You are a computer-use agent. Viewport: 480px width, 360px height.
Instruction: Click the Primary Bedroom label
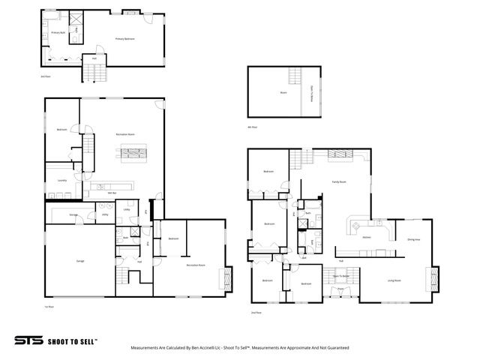(x=124, y=38)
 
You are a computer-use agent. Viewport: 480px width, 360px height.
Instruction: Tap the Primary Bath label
(x=56, y=33)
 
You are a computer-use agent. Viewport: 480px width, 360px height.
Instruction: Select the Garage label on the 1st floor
(x=79, y=261)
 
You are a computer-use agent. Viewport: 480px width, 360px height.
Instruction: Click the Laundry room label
(x=62, y=180)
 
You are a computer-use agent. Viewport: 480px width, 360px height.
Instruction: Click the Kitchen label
(x=367, y=238)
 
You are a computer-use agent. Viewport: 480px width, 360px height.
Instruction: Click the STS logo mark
(x=28, y=340)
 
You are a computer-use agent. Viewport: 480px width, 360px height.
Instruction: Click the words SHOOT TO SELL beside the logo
(x=72, y=340)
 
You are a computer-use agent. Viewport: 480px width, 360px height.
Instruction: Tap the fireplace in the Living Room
(x=430, y=280)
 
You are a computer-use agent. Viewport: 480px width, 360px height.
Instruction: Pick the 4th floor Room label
(x=283, y=92)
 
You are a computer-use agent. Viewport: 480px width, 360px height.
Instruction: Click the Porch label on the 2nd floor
(x=340, y=289)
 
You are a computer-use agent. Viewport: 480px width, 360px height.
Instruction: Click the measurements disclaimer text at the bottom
(x=240, y=348)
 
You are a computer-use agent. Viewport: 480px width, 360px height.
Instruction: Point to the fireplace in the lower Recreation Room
(x=222, y=279)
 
